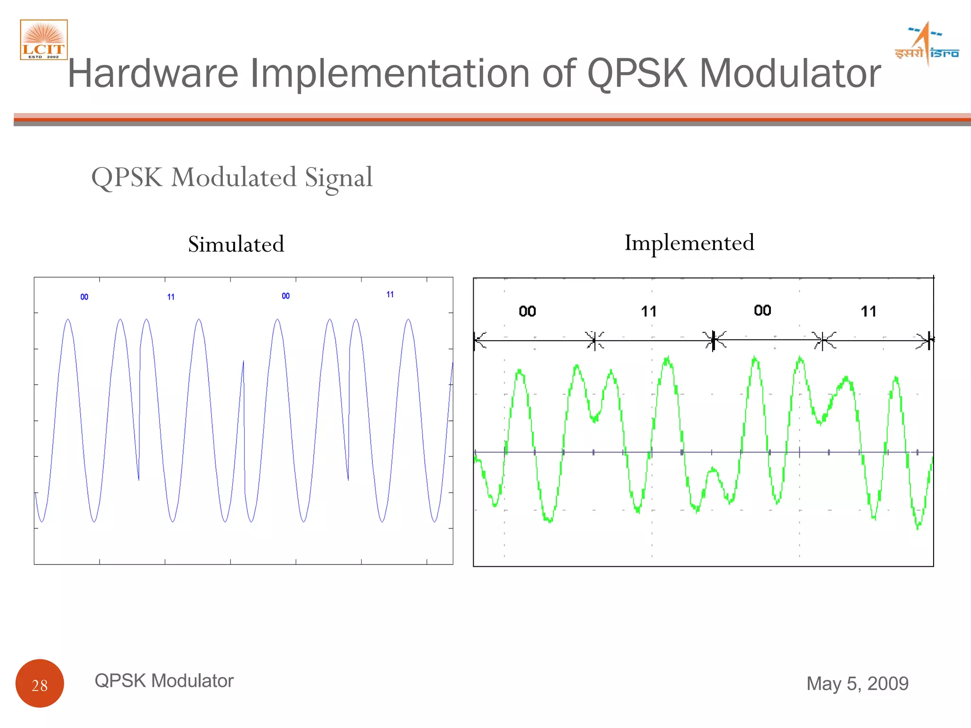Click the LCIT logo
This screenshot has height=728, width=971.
(x=44, y=40)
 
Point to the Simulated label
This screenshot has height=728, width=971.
(x=236, y=245)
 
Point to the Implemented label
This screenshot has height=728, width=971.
(x=689, y=243)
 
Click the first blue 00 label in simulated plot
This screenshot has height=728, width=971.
(x=84, y=297)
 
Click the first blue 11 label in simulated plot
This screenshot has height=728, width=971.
(x=171, y=297)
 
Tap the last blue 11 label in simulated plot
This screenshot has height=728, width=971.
(x=390, y=294)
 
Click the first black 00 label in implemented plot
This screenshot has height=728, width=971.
(x=527, y=311)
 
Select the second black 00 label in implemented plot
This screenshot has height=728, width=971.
(x=762, y=310)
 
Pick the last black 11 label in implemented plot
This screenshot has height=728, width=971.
(x=869, y=311)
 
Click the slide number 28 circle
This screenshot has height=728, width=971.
(x=40, y=683)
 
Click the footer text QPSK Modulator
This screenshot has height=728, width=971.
(x=164, y=681)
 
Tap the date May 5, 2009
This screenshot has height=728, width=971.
(x=857, y=683)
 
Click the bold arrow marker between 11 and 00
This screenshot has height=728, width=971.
(x=714, y=340)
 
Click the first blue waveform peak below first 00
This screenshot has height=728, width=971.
(x=68, y=320)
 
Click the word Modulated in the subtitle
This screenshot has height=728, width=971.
(x=234, y=177)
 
